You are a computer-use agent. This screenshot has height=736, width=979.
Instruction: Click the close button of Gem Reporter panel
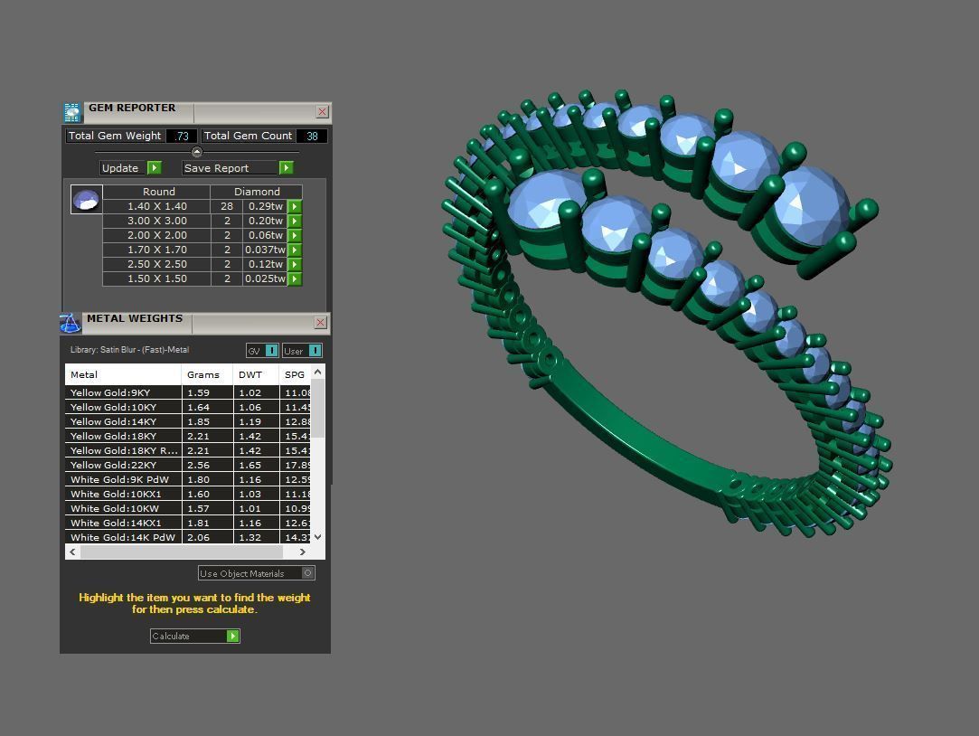click(322, 111)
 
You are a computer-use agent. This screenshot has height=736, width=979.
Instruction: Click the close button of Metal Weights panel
click(320, 323)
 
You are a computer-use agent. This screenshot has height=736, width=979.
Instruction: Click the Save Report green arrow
click(286, 167)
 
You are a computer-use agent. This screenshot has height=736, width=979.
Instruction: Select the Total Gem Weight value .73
click(182, 136)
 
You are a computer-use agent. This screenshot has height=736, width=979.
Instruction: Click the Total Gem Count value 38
click(312, 136)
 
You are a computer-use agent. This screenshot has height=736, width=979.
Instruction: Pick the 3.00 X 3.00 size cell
click(157, 221)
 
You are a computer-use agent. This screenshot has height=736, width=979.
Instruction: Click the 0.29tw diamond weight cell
click(264, 206)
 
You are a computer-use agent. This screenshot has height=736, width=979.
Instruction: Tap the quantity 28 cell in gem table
click(226, 206)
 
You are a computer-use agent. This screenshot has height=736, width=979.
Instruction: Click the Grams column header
click(203, 374)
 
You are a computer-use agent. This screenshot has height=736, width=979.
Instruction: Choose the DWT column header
click(250, 374)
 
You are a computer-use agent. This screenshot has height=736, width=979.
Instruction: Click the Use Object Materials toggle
click(307, 572)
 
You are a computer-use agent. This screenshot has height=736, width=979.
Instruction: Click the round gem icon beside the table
click(87, 200)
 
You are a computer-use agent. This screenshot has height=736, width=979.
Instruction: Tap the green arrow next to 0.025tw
click(295, 278)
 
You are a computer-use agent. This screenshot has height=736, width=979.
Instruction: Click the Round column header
click(158, 192)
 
